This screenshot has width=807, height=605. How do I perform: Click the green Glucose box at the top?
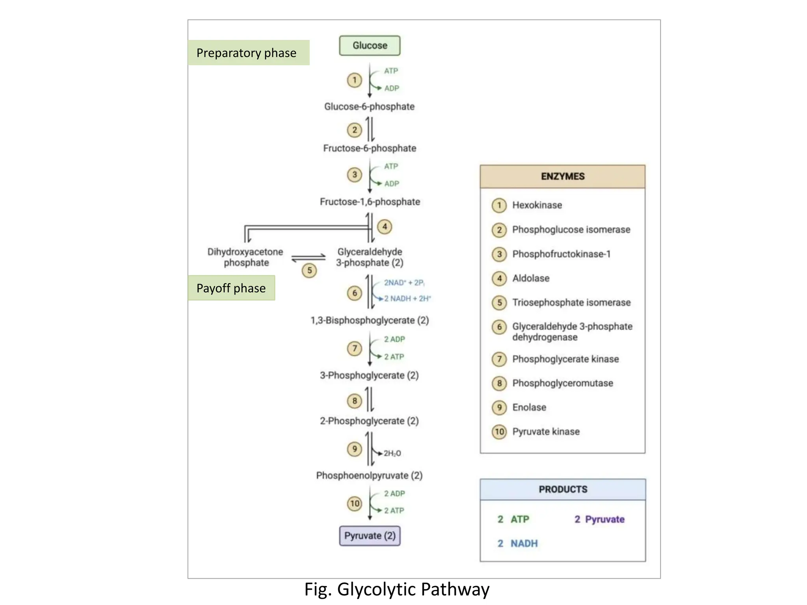point(370,46)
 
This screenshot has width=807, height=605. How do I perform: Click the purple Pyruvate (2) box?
point(370,536)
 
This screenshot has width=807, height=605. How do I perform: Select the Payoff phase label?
point(231,288)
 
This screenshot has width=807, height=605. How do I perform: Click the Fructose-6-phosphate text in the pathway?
point(370,148)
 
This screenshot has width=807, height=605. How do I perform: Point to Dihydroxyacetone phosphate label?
point(245,257)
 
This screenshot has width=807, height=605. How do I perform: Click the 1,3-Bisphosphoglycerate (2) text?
point(370,320)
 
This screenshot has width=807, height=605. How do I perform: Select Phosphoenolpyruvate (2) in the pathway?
point(369,475)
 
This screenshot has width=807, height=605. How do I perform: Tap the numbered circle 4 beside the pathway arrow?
point(385,226)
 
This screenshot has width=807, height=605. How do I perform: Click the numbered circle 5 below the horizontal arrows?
point(309,270)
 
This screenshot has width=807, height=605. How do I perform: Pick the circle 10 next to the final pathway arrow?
point(355,503)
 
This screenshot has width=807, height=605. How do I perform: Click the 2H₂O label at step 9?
point(392,453)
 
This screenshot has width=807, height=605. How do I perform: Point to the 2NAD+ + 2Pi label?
point(404,283)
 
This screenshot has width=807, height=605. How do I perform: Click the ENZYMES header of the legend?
point(562,176)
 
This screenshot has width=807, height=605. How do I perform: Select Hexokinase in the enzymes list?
point(537,205)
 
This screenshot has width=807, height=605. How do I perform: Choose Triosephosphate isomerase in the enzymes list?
point(571,302)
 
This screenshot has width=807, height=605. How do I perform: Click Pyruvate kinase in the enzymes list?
point(546,432)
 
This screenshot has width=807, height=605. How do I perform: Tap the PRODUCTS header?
point(563,490)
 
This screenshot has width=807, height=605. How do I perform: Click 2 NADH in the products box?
point(517,544)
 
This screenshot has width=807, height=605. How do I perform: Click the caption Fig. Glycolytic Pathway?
point(397,590)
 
